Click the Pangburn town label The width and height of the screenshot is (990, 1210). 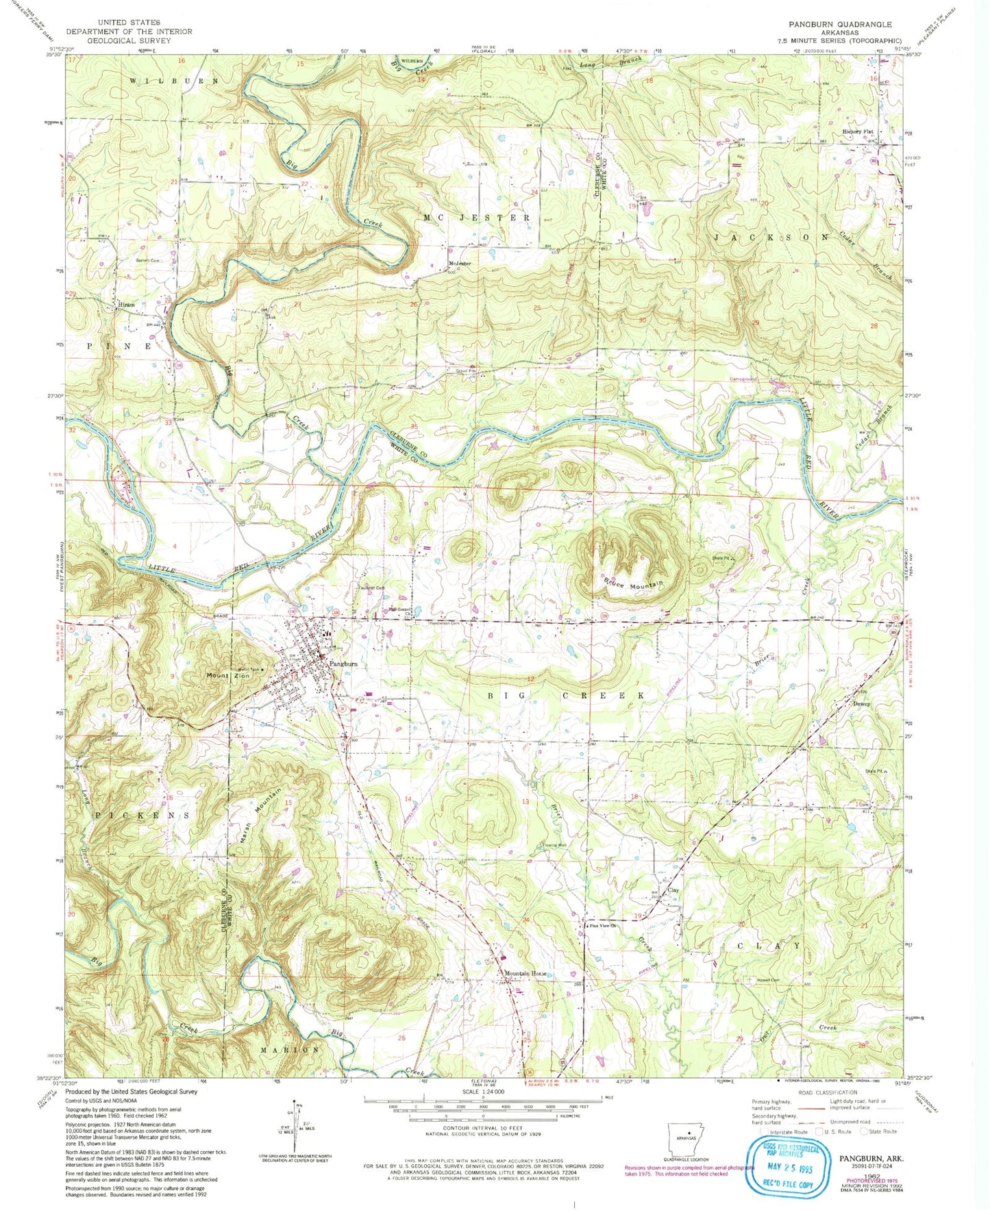(x=343, y=664)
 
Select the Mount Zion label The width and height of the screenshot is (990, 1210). (x=224, y=675)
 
